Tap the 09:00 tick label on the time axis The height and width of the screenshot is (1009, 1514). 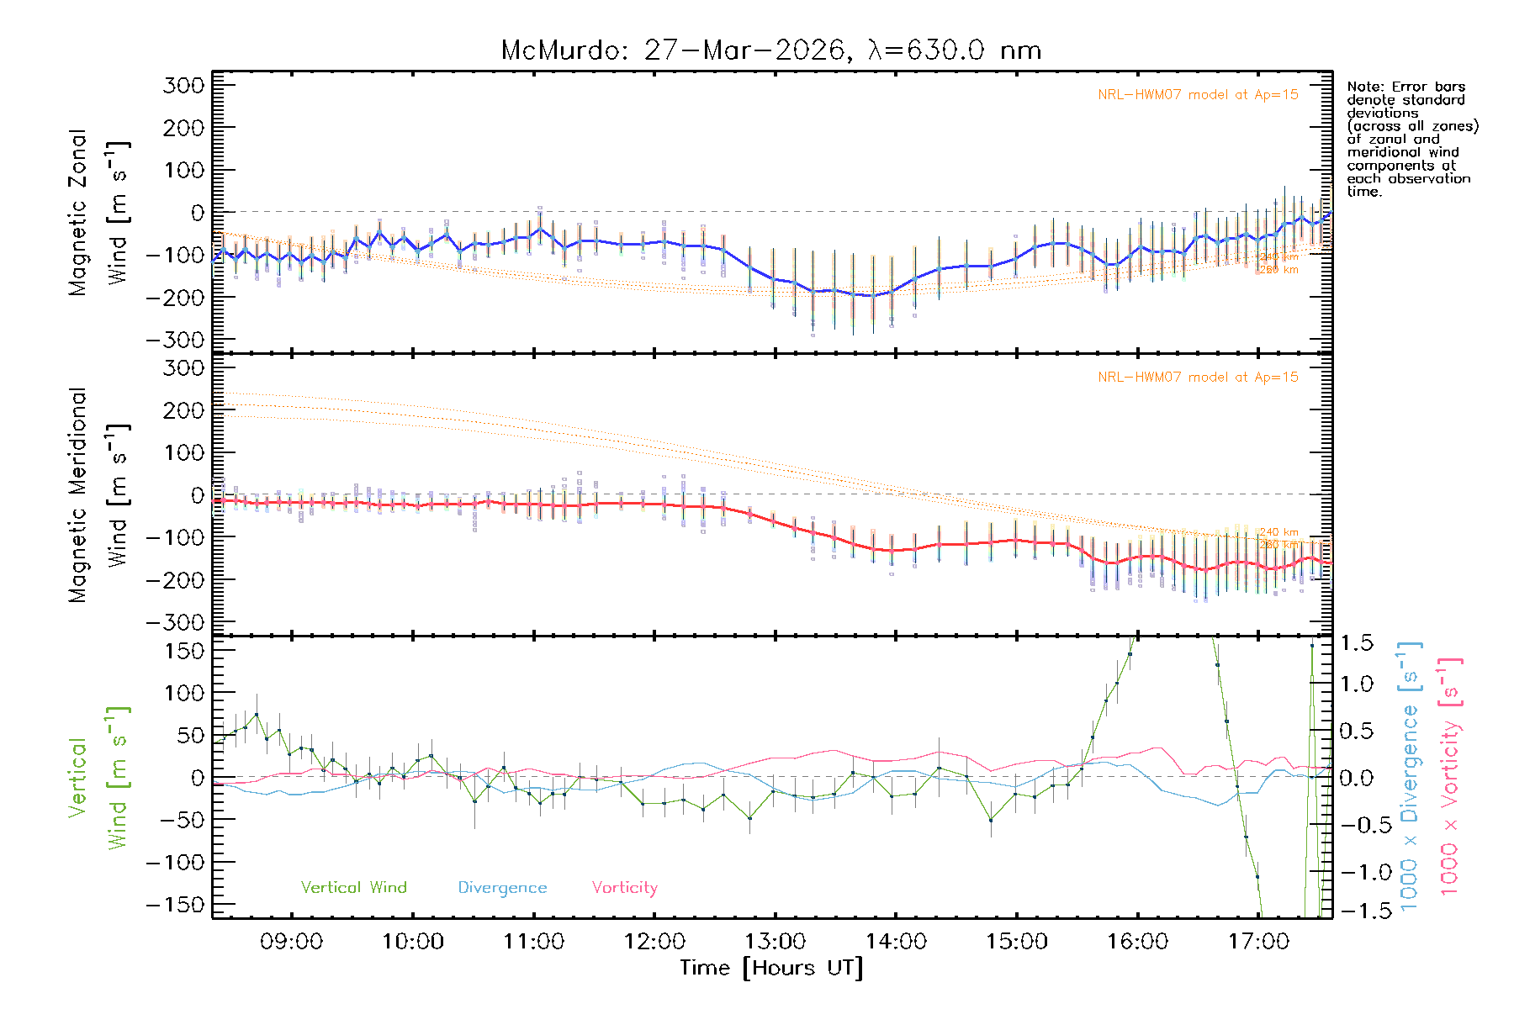coord(291,941)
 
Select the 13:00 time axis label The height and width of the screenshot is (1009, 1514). coord(775,941)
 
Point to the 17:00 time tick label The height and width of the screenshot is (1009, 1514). coord(1258,941)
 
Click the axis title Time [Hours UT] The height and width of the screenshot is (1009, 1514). coord(771,968)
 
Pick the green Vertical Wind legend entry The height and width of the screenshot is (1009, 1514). coord(353,887)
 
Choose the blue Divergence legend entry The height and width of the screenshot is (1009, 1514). coord(502,887)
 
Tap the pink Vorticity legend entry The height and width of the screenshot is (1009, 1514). coord(624,887)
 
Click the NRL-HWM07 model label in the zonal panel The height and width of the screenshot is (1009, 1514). coord(1198,95)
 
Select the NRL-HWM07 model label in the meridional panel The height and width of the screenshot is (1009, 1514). coord(1198,378)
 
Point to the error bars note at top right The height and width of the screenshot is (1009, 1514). coord(1411,139)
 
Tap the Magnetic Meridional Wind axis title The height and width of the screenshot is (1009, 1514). coord(98,495)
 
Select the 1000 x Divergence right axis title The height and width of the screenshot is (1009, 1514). coord(1410,776)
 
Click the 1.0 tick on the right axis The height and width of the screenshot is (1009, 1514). coord(1356,684)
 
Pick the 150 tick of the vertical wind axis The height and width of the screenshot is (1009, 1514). coord(185,651)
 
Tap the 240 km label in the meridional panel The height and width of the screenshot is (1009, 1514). coord(1278,532)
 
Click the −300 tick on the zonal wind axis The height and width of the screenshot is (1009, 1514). coord(175,340)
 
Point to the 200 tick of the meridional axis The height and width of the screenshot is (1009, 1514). coord(185,410)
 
